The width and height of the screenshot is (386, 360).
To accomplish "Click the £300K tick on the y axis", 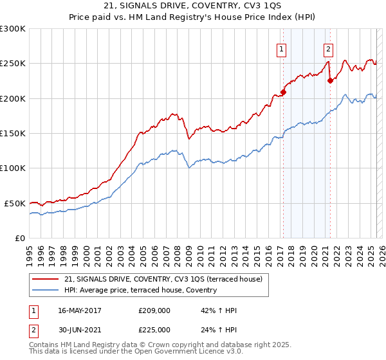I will point(13,29).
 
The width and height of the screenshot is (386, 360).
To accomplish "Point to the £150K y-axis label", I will point(13,133).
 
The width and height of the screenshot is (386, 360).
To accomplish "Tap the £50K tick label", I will point(15,203).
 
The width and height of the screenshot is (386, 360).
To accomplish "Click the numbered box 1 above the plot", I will point(282,49).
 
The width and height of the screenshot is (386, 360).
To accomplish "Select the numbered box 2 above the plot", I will point(328,49).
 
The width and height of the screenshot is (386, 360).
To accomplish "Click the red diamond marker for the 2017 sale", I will point(283,92).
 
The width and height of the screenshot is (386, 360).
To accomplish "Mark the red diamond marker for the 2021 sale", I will point(330,81).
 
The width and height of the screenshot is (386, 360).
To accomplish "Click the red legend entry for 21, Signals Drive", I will point(163,280).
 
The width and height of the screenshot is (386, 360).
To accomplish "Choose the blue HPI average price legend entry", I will point(140,291).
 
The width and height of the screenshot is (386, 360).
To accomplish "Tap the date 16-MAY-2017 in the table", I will point(80,310).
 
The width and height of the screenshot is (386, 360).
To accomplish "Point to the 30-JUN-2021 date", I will point(80,330).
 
